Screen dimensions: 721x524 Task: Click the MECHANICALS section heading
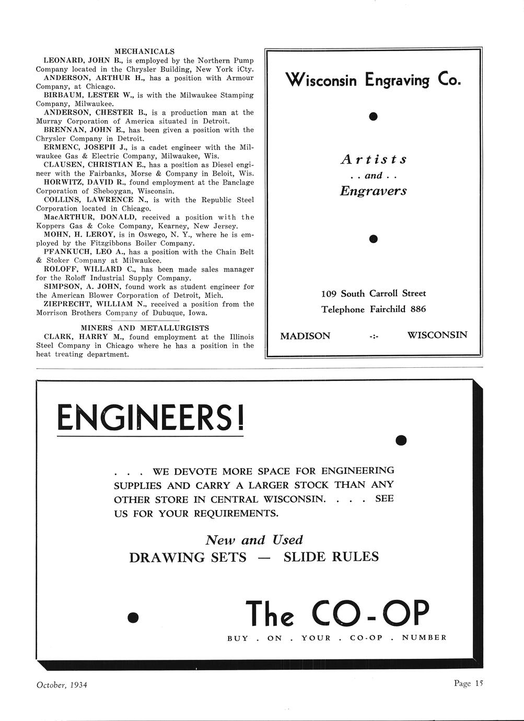[x=144, y=51]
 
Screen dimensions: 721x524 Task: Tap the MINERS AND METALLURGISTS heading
[x=145, y=328]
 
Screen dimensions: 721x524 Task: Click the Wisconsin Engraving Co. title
[x=373, y=80]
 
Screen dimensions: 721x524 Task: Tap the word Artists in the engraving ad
[x=373, y=159]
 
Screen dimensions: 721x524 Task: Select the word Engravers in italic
[x=373, y=191]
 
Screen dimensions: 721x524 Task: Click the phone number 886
[x=418, y=309]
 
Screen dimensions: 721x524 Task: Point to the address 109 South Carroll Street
[x=373, y=294]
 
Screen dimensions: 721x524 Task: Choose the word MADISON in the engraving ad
[x=305, y=336]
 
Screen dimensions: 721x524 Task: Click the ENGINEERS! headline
[x=150, y=418]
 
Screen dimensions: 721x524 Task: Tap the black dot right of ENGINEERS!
[x=401, y=440]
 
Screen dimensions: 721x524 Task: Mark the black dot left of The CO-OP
[x=134, y=618]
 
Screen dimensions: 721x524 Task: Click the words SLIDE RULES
[x=331, y=557]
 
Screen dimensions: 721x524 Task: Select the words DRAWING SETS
[x=188, y=557]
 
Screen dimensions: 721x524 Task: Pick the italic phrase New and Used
[x=254, y=540]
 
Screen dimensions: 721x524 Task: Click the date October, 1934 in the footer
[x=62, y=684]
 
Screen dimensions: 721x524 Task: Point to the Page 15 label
[x=469, y=683]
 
